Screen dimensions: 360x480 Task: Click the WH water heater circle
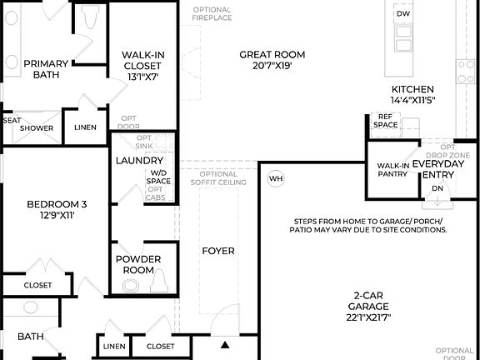[x=276, y=178]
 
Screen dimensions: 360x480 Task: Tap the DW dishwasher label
[x=403, y=14]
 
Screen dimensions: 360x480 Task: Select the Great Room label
[x=272, y=55]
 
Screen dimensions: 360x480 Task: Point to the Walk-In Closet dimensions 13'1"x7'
[x=142, y=77]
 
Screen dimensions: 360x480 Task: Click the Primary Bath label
[x=46, y=69]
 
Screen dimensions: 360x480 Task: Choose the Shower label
[x=37, y=128]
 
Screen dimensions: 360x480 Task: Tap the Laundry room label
[x=138, y=160]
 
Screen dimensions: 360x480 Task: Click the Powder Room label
[x=138, y=264]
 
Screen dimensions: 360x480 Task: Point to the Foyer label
[x=218, y=251]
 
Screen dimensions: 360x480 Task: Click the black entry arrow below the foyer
[x=225, y=343]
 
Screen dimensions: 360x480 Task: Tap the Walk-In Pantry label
[x=392, y=170]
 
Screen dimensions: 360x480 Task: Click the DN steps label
[x=437, y=188]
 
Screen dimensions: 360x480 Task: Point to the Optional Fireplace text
[x=212, y=14]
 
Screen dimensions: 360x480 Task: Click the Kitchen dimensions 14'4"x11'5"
[x=412, y=100]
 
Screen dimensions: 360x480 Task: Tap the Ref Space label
[x=385, y=121]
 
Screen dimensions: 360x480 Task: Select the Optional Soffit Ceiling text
[x=218, y=177]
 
